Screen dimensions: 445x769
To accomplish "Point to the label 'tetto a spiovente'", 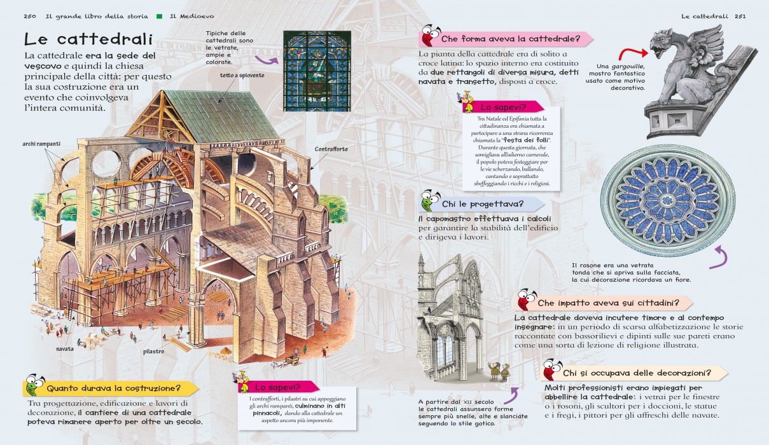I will [x=242, y=75].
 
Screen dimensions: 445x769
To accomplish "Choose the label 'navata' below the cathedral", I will [x=64, y=349].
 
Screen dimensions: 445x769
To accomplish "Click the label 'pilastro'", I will [x=154, y=351].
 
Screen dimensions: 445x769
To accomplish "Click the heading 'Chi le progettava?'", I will [x=483, y=204].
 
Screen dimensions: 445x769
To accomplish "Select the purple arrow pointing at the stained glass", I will [x=267, y=60].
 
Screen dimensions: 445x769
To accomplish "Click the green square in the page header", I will [x=160, y=15].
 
